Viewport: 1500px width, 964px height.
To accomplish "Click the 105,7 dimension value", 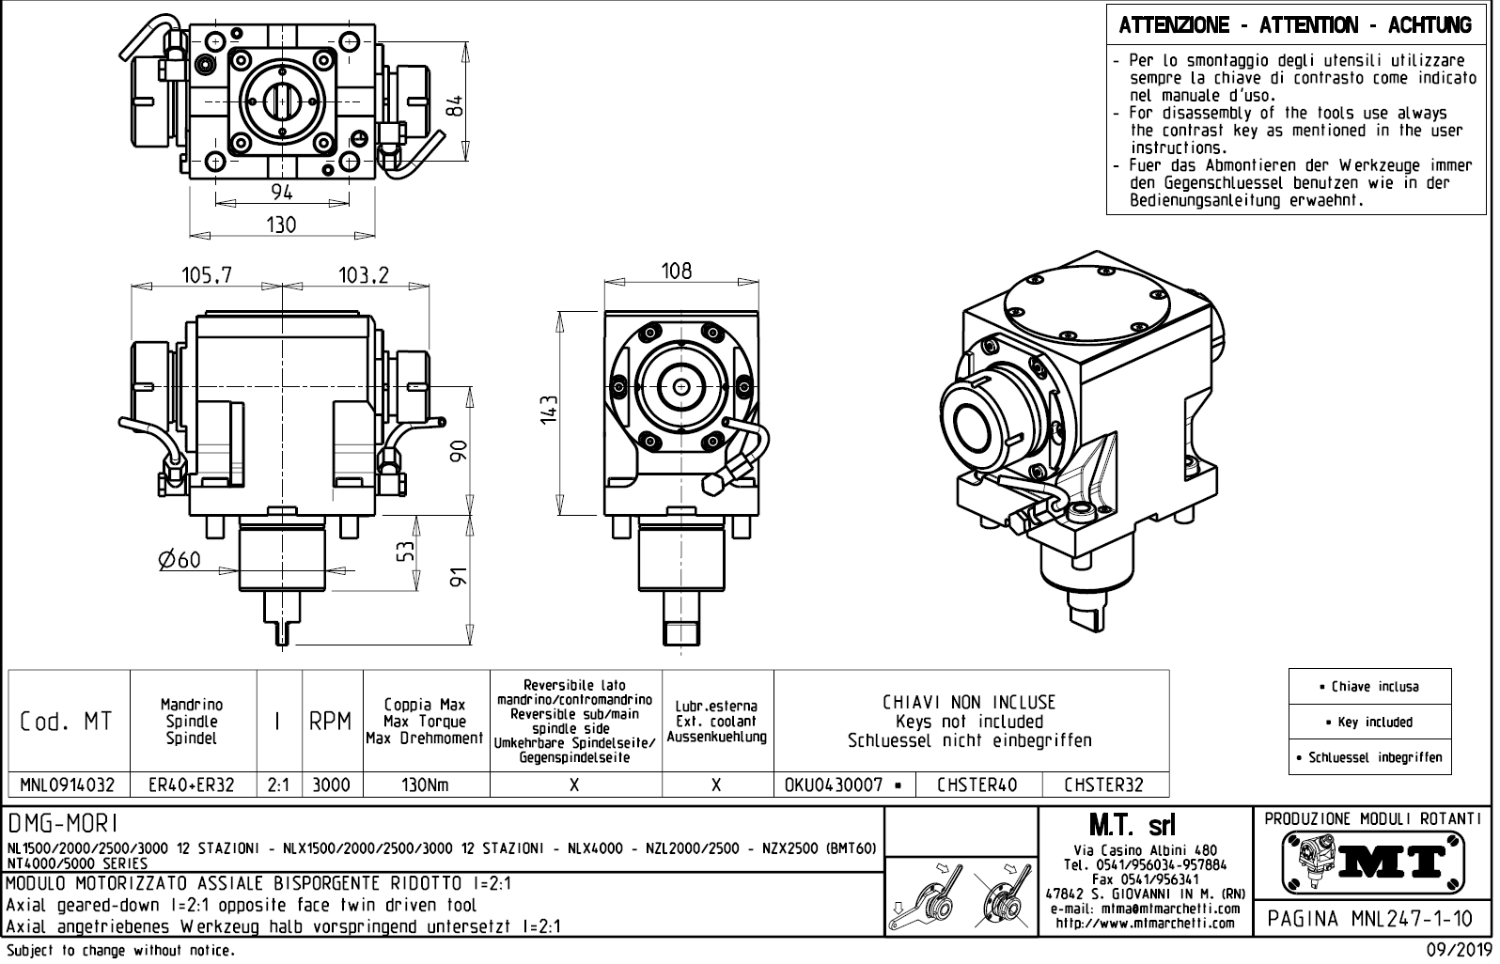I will [206, 275].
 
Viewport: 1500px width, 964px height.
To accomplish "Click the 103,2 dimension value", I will [363, 275].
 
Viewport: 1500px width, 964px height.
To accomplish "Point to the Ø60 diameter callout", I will [180, 560].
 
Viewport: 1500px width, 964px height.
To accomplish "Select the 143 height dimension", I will [550, 410].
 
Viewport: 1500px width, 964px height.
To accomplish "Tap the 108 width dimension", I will [676, 272].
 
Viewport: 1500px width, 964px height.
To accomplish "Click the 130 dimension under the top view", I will [281, 225].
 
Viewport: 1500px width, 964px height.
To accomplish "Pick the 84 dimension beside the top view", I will [455, 105].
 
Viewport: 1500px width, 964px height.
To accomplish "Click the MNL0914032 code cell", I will [68, 785].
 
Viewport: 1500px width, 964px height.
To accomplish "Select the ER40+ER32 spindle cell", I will [192, 785].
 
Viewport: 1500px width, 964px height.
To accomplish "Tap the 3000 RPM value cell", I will [331, 785].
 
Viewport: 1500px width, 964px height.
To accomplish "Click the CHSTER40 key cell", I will [977, 785].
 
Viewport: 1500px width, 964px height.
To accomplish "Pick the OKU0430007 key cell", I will [842, 785].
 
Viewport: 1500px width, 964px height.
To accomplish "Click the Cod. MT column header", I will [67, 722].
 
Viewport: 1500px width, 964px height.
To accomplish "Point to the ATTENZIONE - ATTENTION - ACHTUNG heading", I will [1295, 25].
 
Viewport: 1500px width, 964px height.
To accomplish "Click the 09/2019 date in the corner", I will [1458, 951].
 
